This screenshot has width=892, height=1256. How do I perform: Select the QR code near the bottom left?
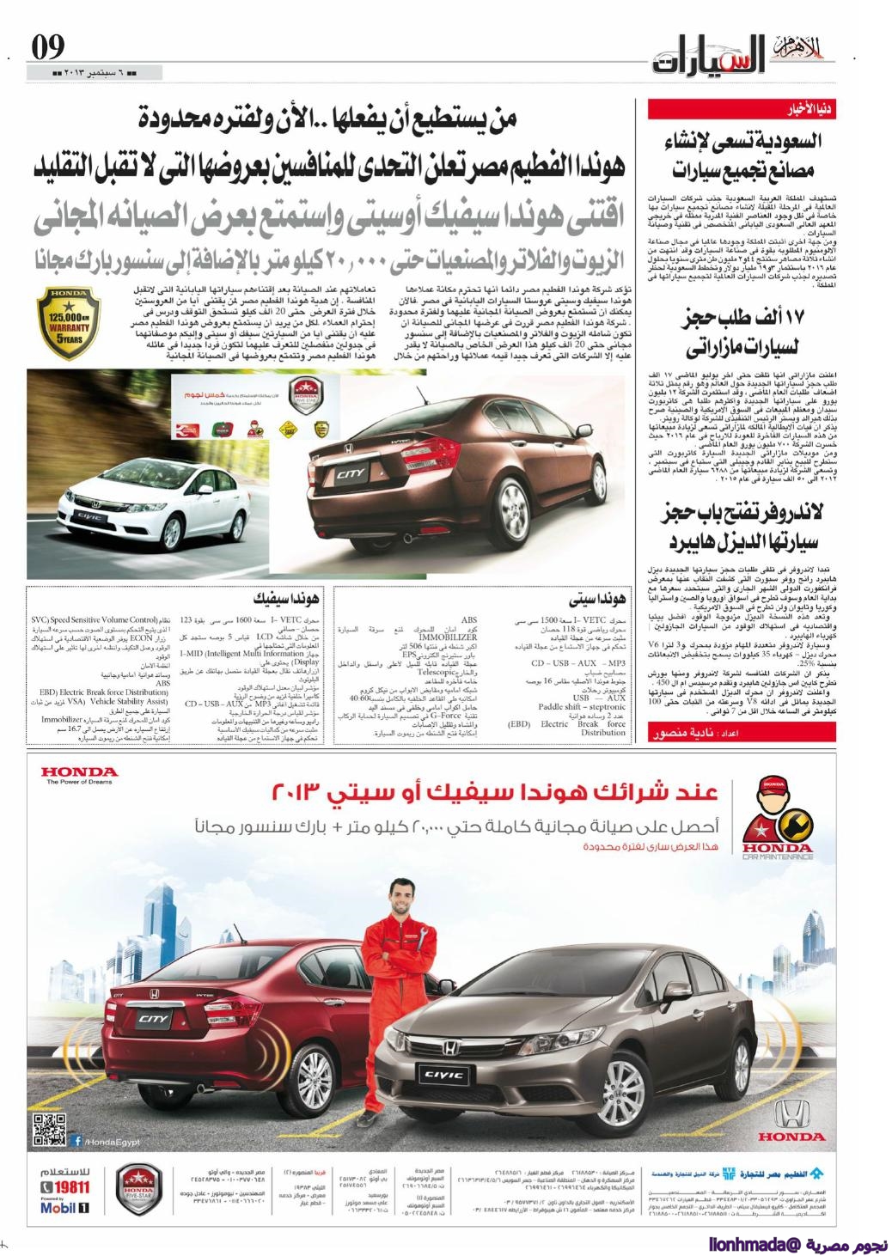[x=50, y=1129]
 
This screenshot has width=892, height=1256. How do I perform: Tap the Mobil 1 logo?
[x=65, y=1208]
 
